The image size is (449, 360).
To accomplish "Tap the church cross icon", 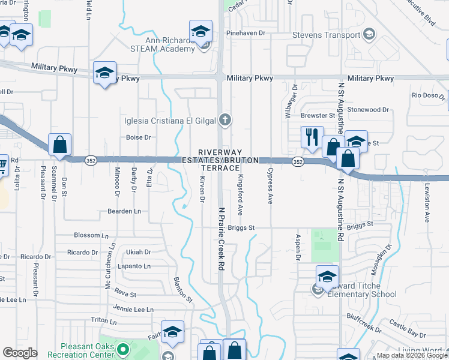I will (x=225, y=120).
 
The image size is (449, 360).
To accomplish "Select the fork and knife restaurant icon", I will (x=311, y=137).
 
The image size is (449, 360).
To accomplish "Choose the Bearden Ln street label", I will (x=124, y=211).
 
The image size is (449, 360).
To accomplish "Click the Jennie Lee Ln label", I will (x=134, y=310).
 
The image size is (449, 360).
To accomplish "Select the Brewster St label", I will (x=318, y=115).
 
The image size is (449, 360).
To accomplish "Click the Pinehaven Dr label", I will (x=246, y=33).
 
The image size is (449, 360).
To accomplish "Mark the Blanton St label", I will (x=182, y=289).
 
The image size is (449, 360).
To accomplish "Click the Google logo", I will (x=20, y=353).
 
